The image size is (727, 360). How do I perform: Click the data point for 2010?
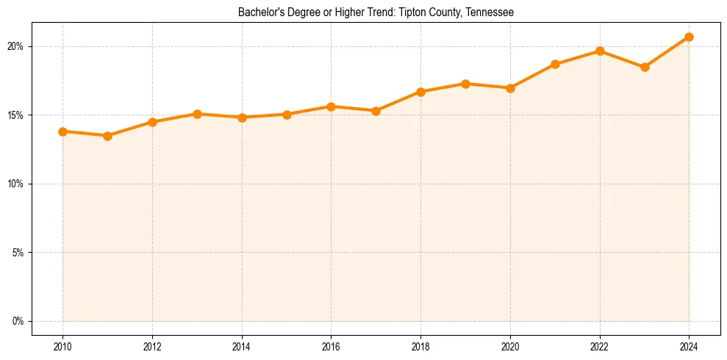62,132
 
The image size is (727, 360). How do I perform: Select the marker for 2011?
107,136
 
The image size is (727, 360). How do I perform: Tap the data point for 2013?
197,114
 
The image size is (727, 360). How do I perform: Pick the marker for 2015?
287,115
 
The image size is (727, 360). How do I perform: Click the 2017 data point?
376,111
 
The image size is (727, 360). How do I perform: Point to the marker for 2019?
465,84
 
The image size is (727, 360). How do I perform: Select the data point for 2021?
555,64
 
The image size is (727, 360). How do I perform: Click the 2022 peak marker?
600,51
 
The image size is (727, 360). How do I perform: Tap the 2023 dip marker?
645,67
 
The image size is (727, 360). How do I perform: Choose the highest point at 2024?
689,37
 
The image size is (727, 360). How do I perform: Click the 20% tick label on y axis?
15,46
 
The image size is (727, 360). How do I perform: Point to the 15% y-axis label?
15,115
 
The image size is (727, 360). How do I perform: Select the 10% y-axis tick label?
15,184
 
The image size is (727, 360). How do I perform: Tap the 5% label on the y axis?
18,253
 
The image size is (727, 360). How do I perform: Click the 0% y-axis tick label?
18,321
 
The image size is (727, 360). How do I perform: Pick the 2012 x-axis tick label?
152,346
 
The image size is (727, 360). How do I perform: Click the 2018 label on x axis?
420,346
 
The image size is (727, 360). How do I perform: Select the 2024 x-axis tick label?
689,346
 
